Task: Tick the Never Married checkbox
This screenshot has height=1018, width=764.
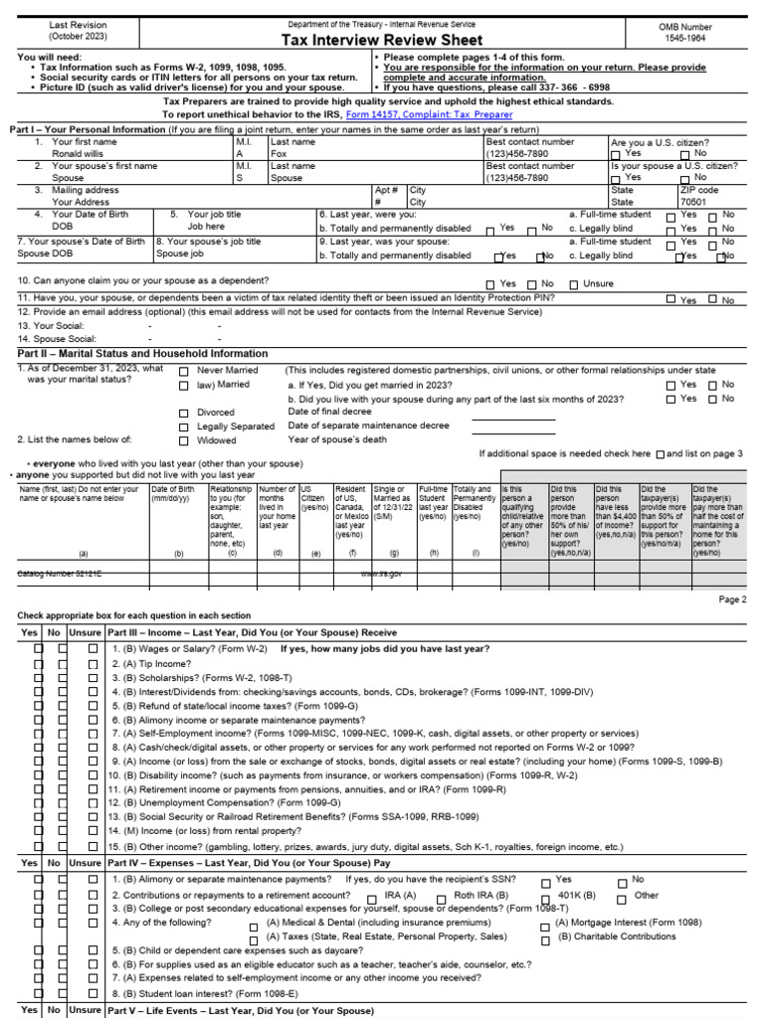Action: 184,372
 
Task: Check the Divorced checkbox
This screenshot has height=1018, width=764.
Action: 184,413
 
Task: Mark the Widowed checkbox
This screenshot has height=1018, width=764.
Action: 184,440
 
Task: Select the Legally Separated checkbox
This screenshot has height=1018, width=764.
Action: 184,426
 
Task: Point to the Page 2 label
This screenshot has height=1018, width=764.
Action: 732,599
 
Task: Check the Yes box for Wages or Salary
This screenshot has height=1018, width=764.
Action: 39,648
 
